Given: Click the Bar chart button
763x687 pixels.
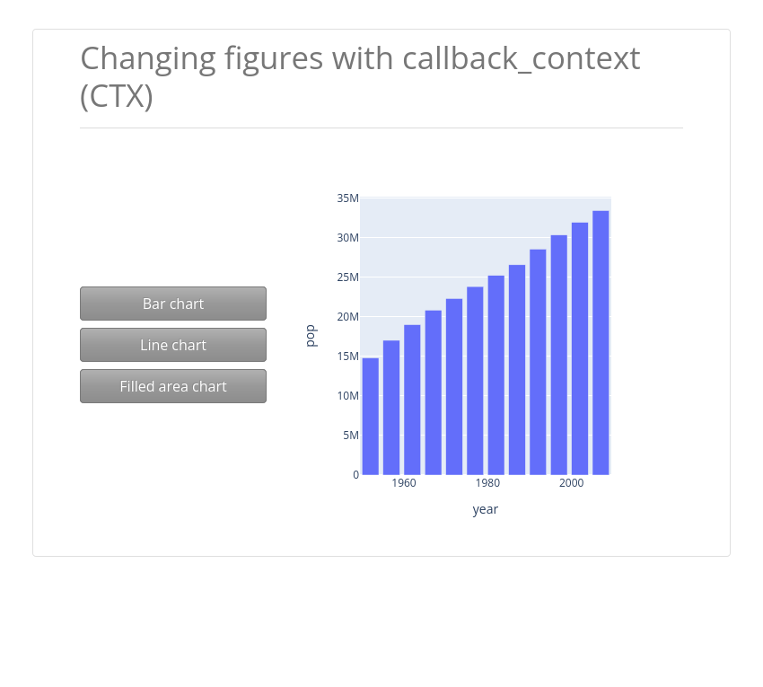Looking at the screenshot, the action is tap(173, 304).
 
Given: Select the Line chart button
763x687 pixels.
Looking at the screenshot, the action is tap(173, 345).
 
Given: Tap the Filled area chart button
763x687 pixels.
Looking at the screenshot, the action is tap(173, 386).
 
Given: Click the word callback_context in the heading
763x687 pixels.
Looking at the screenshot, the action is tap(522, 59).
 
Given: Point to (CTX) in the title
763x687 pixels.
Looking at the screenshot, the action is tap(117, 96).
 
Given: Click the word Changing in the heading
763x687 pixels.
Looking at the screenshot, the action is tap(148, 60).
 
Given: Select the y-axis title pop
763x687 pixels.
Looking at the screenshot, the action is tap(311, 336).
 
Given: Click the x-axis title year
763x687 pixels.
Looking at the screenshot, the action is tap(485, 509).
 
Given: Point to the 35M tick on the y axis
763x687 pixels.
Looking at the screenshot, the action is tap(347, 198).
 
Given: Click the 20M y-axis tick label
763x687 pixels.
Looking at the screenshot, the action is tap(347, 316).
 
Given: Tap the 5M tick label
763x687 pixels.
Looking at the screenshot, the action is tap(350, 436).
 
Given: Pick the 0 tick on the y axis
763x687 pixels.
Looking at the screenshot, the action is tap(355, 475).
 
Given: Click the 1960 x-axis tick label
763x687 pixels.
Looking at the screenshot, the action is tap(404, 483).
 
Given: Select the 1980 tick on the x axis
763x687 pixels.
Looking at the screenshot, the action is tap(487, 483).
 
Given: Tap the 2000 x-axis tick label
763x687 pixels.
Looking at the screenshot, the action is tap(571, 483).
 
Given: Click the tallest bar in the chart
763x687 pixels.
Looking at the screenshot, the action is tap(601, 343).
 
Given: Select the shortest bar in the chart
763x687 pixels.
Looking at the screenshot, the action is tap(371, 417).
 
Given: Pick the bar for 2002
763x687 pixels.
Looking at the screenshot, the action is tap(580, 348).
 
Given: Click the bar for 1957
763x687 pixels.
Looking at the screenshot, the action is tap(391, 408).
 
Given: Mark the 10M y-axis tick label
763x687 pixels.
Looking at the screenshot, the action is tap(347, 396).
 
